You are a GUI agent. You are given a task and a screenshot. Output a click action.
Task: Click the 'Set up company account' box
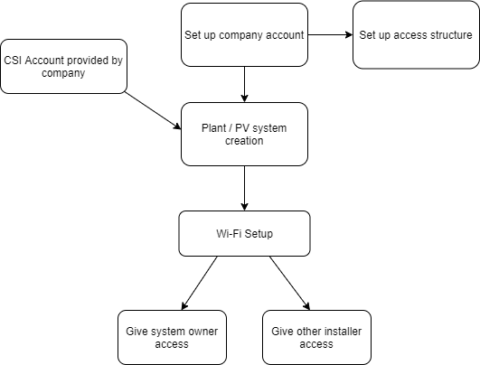[x=244, y=35]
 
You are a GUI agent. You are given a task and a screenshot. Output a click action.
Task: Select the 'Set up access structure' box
[x=416, y=35]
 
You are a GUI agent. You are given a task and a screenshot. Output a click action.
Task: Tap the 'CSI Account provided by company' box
[x=63, y=66]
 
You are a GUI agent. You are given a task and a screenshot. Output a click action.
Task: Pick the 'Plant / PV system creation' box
[x=244, y=135]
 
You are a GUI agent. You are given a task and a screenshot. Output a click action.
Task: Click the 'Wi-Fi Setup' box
[x=244, y=233]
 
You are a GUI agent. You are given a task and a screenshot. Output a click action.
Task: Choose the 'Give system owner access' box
[x=172, y=338]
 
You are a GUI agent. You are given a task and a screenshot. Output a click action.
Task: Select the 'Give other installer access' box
[x=317, y=338]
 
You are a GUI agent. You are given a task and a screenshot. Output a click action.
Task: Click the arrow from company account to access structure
[x=330, y=35]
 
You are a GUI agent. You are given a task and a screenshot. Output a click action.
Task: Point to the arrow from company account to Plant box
[x=244, y=84]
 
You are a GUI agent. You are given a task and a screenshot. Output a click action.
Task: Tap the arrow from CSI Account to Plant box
[x=153, y=111]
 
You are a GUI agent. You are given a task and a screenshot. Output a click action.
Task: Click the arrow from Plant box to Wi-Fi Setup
[x=244, y=189]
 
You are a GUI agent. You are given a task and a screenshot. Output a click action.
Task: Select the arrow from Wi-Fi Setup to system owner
[x=199, y=284]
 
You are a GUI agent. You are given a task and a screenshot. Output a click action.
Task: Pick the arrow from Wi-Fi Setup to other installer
[x=289, y=284]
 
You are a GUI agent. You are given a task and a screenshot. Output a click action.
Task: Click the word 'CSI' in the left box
[x=13, y=61]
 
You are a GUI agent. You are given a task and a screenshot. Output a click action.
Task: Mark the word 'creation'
[x=244, y=141]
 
